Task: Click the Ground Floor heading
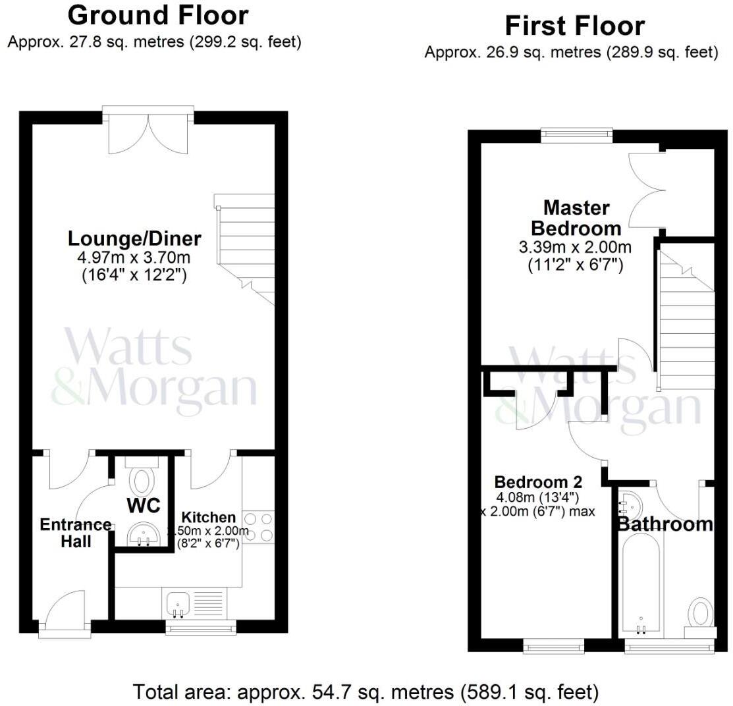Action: pyautogui.click(x=158, y=15)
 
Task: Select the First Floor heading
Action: pyautogui.click(x=574, y=26)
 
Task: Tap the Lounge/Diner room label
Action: pyautogui.click(x=135, y=238)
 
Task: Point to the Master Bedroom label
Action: pyautogui.click(x=576, y=218)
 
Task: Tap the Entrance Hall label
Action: pyautogui.click(x=76, y=533)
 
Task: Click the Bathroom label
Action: pyautogui.click(x=665, y=524)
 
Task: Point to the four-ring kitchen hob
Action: pyautogui.click(x=258, y=527)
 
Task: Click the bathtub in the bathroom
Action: pyautogui.click(x=641, y=582)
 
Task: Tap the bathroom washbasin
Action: pyautogui.click(x=629, y=506)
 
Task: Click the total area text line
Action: pyautogui.click(x=366, y=692)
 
